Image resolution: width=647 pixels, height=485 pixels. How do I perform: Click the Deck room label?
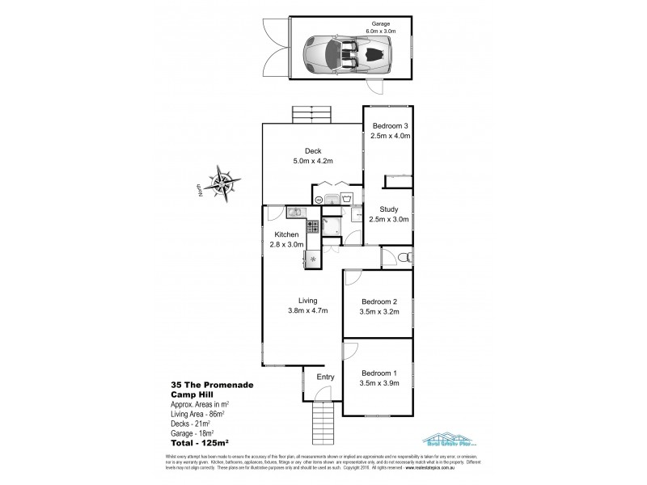[x=313, y=150]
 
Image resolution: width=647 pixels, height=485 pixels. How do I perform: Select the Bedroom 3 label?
[x=390, y=125]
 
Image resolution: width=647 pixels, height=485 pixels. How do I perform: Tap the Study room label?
[x=389, y=209]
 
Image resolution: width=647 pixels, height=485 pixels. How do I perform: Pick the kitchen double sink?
[x=294, y=213]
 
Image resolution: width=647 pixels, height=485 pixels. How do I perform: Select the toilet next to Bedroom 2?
[x=406, y=257]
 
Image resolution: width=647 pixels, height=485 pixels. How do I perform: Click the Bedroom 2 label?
[x=378, y=299]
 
